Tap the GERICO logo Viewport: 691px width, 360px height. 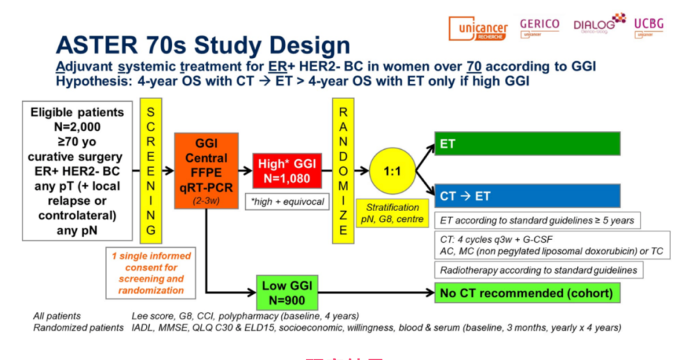point(539,26)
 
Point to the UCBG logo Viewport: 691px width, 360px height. point(648,26)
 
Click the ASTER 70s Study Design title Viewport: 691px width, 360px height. point(203,45)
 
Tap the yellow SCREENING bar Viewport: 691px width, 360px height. point(151,171)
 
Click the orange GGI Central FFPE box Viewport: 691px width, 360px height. point(206,171)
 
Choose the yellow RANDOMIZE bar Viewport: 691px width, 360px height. point(342,171)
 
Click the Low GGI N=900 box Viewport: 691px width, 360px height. point(283,293)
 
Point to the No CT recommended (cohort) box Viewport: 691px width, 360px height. point(527,293)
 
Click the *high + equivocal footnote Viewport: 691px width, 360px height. point(286,202)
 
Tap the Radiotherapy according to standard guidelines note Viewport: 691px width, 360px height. point(539,270)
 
